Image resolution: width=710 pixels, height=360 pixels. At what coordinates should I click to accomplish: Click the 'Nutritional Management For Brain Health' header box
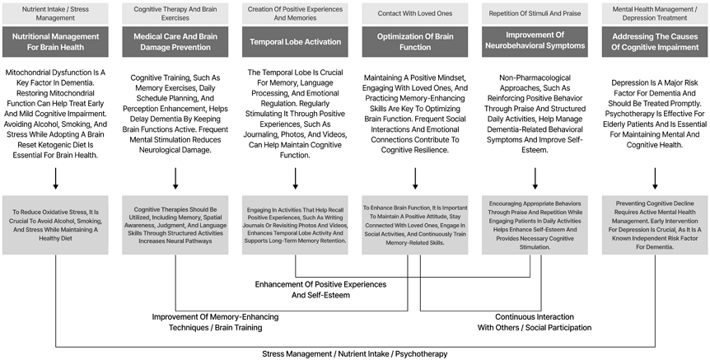(55, 42)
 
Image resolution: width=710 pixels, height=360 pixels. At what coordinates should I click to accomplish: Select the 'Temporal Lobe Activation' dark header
(295, 42)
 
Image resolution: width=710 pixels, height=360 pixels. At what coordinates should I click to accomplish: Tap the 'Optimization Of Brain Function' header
(415, 42)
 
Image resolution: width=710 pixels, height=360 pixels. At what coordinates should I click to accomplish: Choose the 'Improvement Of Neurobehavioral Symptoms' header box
(535, 42)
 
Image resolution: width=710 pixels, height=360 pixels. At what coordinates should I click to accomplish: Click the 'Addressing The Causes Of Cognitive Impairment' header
(655, 42)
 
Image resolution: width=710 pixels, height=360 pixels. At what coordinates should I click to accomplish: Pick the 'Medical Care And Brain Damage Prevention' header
(175, 42)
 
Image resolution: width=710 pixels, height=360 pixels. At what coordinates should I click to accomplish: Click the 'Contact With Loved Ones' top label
(415, 13)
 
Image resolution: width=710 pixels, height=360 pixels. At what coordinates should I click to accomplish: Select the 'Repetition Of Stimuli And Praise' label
(535, 13)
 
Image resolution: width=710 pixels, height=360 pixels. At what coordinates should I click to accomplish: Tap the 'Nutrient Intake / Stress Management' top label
(55, 13)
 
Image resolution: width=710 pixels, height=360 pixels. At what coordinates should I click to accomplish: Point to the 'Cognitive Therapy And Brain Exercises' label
(175, 13)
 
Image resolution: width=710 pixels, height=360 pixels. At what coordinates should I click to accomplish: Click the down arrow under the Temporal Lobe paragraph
(295, 179)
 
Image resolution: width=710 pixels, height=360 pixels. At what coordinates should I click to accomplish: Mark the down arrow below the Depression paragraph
(655, 179)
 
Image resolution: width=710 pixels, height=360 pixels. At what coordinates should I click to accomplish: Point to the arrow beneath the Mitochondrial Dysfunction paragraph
(55, 179)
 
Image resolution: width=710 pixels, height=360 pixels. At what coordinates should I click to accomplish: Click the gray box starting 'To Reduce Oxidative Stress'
(55, 225)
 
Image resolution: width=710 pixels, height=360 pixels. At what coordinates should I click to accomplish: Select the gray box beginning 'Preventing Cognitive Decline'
(655, 225)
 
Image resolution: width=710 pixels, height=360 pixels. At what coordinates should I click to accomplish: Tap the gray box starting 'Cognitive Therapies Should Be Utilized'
(175, 225)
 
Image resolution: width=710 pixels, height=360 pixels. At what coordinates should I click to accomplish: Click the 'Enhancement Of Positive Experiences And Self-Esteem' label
(320, 290)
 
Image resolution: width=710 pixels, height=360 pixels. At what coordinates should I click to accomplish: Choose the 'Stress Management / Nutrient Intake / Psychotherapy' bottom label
(354, 354)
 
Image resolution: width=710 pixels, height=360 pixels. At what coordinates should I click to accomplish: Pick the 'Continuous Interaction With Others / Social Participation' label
(535, 322)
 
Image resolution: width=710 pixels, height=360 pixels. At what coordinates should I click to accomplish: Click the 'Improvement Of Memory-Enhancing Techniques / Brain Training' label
(215, 322)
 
